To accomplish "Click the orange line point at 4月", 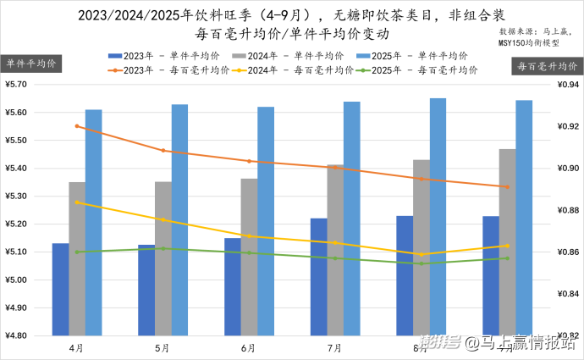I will point(77,126).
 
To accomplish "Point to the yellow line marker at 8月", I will point(421,254).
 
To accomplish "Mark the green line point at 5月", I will point(163,248).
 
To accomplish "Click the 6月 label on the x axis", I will point(249,347).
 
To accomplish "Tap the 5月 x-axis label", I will point(163,347).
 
